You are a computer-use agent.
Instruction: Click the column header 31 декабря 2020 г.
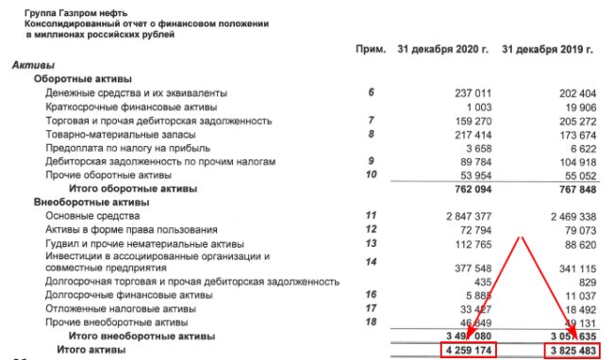coord(439,48)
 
